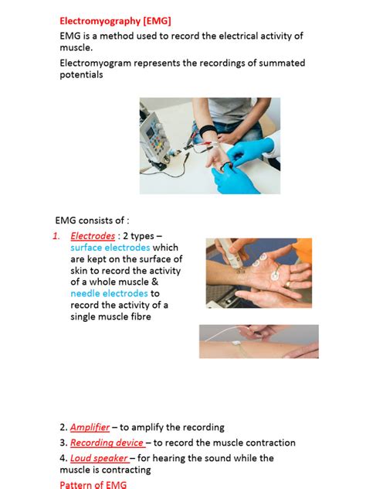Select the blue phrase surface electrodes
click(x=110, y=248)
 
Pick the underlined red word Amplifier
click(x=90, y=427)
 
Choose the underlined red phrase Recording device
click(x=107, y=443)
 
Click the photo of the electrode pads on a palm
click(x=258, y=273)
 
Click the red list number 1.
click(x=56, y=236)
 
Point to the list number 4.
click(x=63, y=458)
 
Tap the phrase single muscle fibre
click(x=112, y=316)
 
